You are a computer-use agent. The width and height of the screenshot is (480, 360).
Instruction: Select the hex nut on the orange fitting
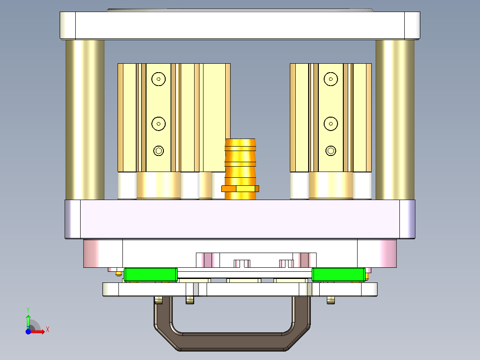240,188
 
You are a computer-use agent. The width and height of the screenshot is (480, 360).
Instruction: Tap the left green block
151,275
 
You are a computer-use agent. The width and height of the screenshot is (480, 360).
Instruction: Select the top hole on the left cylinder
158,79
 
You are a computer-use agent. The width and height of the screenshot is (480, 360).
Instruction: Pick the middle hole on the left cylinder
158,124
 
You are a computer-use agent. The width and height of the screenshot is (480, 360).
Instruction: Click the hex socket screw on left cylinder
158,151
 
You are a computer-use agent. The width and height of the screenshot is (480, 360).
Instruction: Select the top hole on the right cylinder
330,79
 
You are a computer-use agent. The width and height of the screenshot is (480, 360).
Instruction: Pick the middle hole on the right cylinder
330,124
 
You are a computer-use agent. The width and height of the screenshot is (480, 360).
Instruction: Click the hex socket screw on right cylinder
330,151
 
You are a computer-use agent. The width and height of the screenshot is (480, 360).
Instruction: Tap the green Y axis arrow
28,319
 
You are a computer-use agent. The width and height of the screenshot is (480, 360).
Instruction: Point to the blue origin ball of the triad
28,332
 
